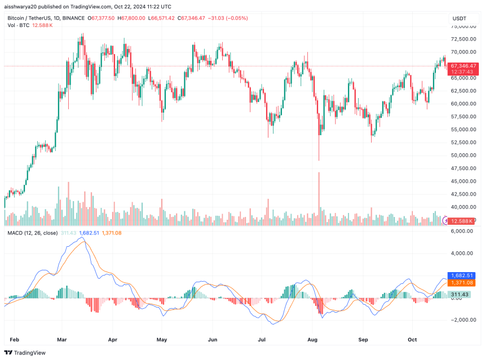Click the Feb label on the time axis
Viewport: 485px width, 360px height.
(x=15, y=340)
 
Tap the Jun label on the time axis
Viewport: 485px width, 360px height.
(x=213, y=340)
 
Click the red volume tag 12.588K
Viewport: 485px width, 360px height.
(x=464, y=220)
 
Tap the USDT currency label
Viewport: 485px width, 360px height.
(x=459, y=19)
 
